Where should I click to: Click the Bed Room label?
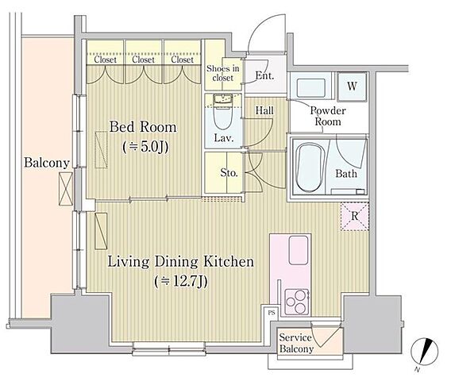pos(143,127)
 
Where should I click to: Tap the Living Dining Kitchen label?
pos(180,262)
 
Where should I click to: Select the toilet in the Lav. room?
pos(223,114)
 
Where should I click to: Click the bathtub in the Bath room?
pos(310,168)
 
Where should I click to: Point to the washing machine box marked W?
pos(352,86)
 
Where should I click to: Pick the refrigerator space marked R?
pos(355,216)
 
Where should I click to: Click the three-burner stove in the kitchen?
pos(297,302)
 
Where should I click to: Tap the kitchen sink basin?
pos(299,250)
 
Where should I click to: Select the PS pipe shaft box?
pos(272,312)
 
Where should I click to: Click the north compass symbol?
pos(425,352)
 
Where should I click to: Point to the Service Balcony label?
pos(296,343)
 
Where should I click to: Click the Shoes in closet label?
pos(223,73)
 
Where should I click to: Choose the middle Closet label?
pos(143,60)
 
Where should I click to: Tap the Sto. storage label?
pos(229,172)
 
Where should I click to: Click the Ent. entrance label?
pos(264,75)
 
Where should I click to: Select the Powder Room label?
pos(328,116)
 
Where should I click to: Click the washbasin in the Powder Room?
pos(311,87)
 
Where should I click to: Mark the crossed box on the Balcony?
pos(66,189)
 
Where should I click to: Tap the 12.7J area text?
pos(180,282)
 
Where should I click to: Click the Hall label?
pos(264,110)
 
